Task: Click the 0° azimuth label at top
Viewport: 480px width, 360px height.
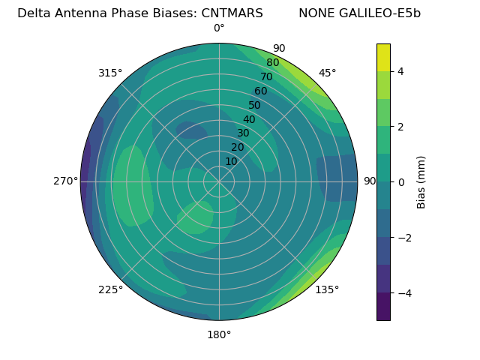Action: [219, 28]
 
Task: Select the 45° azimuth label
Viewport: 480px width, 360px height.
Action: [327, 73]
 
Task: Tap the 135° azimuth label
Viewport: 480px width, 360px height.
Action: [327, 289]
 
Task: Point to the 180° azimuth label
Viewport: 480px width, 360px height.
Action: [219, 334]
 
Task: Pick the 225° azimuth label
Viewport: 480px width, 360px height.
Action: [110, 289]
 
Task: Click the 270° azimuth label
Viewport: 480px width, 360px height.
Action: [65, 181]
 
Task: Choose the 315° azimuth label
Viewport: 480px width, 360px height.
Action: [110, 73]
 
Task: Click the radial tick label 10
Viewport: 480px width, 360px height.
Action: [231, 161]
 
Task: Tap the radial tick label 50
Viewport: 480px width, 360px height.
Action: [254, 105]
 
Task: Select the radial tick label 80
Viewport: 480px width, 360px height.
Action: [272, 63]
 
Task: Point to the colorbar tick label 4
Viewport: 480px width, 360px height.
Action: [400, 71]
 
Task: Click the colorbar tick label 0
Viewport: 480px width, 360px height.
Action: [400, 181]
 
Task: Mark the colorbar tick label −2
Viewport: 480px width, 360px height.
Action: [403, 237]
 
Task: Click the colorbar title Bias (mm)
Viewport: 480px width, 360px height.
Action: [421, 181]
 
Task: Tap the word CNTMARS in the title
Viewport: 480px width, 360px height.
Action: [232, 13]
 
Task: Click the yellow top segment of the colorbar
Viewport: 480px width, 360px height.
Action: [383, 58]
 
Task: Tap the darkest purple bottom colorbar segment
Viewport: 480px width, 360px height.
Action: [383, 306]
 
